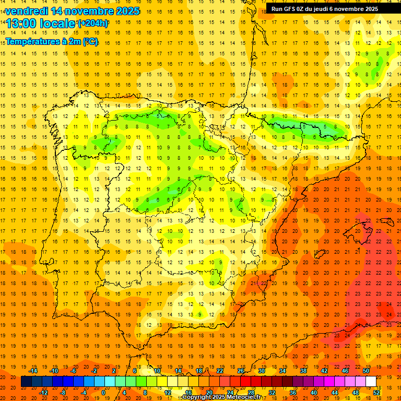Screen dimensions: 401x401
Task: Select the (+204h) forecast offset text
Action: pyautogui.click(x=93, y=23)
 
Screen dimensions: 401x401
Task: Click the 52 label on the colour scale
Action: pyautogui.click(x=376, y=393)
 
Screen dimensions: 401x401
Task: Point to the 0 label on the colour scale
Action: pyautogui.click(x=103, y=393)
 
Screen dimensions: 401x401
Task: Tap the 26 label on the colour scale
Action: pyautogui.click(x=240, y=371)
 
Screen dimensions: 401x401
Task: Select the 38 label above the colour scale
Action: pyautogui.click(x=303, y=371)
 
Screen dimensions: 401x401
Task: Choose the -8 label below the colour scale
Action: pyautogui.click(x=63, y=393)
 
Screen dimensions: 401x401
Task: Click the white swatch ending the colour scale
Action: pyautogui.click(x=371, y=382)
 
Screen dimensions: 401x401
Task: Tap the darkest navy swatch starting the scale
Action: pyautogui.click(x=26, y=382)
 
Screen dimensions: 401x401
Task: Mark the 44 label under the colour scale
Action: pyautogui.click(x=335, y=393)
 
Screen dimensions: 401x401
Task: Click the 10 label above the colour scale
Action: pyautogui.click(x=157, y=371)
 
